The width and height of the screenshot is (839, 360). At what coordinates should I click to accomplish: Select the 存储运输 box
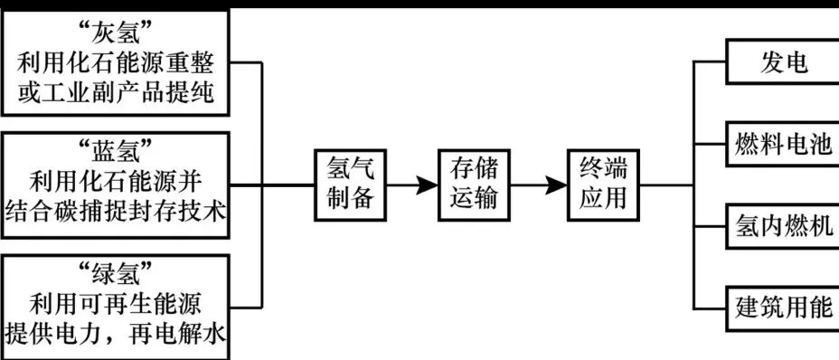474,185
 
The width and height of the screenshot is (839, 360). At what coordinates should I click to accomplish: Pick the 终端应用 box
603,185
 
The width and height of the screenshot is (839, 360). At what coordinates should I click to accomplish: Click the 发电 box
783,63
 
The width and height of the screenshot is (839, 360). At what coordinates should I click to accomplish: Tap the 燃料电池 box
783,145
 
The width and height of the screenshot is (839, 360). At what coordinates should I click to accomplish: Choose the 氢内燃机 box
783,226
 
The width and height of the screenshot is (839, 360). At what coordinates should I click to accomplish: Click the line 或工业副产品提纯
115,93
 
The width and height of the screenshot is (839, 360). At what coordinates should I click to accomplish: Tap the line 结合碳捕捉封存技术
115,210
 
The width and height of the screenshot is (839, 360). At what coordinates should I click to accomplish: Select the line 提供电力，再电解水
115,335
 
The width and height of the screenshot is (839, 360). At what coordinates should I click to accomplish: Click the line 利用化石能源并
115,179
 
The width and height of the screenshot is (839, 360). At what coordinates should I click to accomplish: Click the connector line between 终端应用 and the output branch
667,185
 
